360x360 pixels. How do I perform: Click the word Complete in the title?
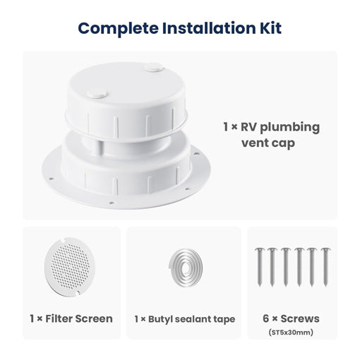coord(117,29)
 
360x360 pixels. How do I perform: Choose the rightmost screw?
coord(325,266)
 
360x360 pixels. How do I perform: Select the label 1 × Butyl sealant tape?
coord(182,319)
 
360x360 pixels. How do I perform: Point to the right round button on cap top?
coord(152,68)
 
